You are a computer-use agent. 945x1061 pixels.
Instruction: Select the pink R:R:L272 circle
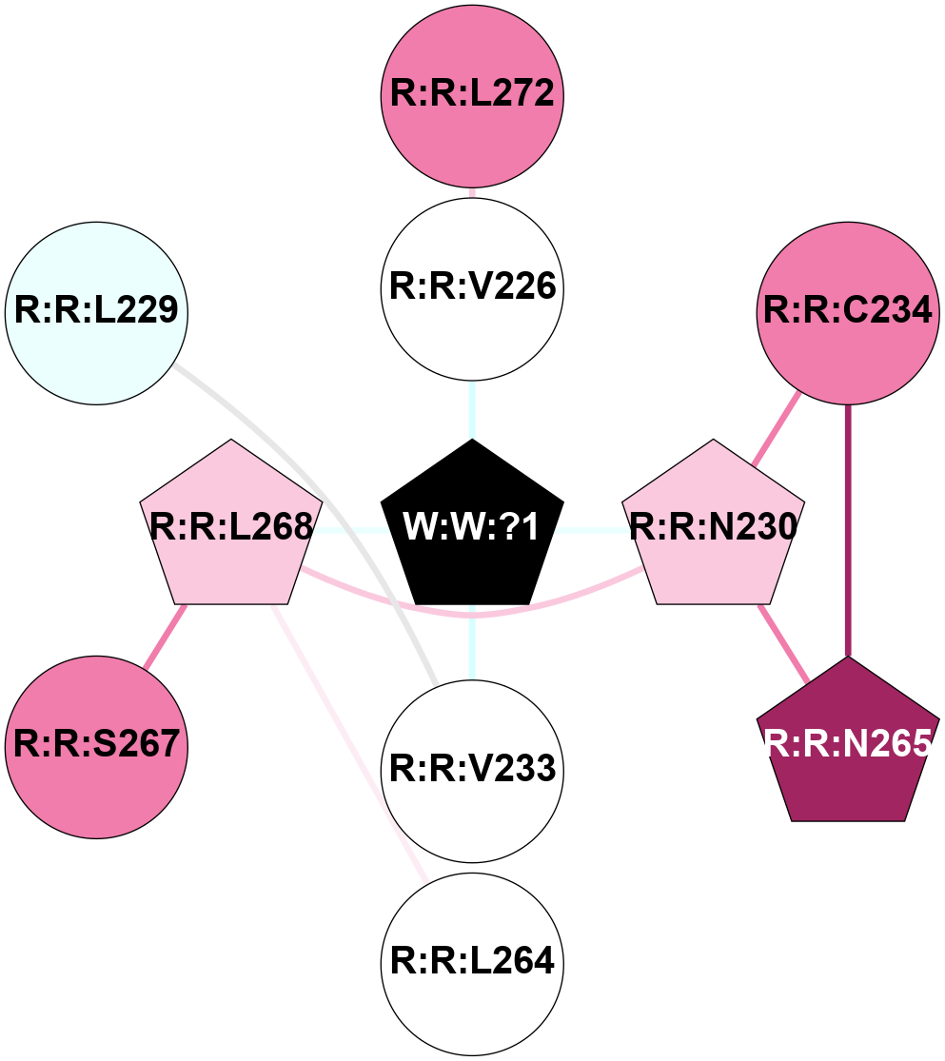coord(472,94)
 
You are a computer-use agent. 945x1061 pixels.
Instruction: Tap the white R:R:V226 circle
coord(472,286)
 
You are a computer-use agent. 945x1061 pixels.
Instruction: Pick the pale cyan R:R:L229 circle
coord(96,311)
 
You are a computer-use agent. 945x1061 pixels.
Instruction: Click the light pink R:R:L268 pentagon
coord(231,528)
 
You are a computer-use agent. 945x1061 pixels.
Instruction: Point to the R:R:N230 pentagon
coord(713,528)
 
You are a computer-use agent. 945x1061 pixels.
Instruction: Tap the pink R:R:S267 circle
coord(96,744)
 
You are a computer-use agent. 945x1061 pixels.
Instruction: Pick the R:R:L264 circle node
coord(472,961)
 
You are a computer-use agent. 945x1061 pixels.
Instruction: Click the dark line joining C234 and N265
coord(848,533)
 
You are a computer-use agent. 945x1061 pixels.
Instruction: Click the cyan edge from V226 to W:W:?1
coord(472,409)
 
